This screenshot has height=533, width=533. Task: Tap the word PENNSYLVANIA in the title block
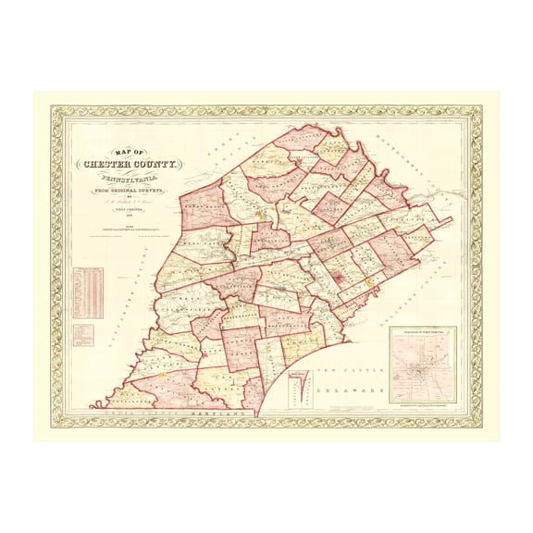tap(130, 180)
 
